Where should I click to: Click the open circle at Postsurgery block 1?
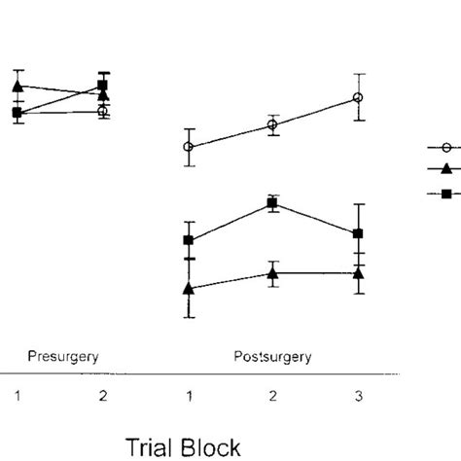[x=189, y=147]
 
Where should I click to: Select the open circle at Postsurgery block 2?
[x=272, y=124]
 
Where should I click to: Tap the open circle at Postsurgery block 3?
[x=359, y=97]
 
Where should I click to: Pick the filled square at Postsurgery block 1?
[x=189, y=240]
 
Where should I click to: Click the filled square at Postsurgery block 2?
[x=272, y=204]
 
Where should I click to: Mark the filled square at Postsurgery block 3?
[x=359, y=233]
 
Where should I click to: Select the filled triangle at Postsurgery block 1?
[x=189, y=289]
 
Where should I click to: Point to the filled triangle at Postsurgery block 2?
[x=272, y=274]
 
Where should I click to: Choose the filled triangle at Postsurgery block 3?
[x=359, y=274]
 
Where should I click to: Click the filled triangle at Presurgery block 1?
[x=17, y=87]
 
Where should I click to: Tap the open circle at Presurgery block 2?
[x=103, y=112]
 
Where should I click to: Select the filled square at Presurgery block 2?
[x=103, y=86]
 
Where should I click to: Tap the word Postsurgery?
[x=272, y=356]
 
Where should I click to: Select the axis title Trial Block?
[x=183, y=445]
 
